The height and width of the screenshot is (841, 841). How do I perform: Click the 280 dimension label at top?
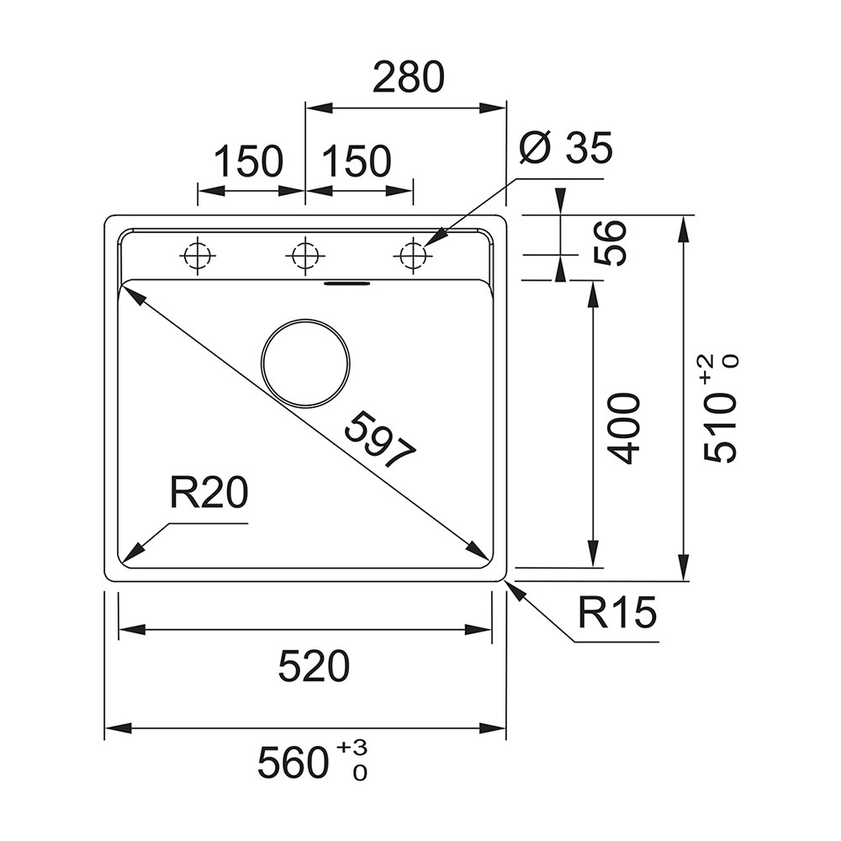[409, 77]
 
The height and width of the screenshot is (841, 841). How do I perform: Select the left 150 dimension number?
[248, 161]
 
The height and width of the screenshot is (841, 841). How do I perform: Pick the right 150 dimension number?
[357, 161]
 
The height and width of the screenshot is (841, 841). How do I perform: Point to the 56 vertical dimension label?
[611, 242]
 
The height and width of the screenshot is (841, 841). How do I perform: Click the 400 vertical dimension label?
[626, 429]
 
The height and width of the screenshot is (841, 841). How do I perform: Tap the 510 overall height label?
[719, 427]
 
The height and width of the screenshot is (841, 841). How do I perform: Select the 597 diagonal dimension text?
[380, 440]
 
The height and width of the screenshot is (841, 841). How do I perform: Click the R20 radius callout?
[209, 493]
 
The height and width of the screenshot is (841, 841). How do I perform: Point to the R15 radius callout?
[617, 612]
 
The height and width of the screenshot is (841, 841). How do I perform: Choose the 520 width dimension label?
[314, 666]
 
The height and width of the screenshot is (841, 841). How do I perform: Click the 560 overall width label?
[293, 763]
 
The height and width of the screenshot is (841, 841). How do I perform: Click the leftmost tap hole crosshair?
[198, 255]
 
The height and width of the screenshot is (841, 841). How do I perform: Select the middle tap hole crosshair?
[305, 255]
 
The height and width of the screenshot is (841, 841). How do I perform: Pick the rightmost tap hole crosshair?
[413, 255]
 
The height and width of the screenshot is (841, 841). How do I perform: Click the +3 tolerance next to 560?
[352, 746]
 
